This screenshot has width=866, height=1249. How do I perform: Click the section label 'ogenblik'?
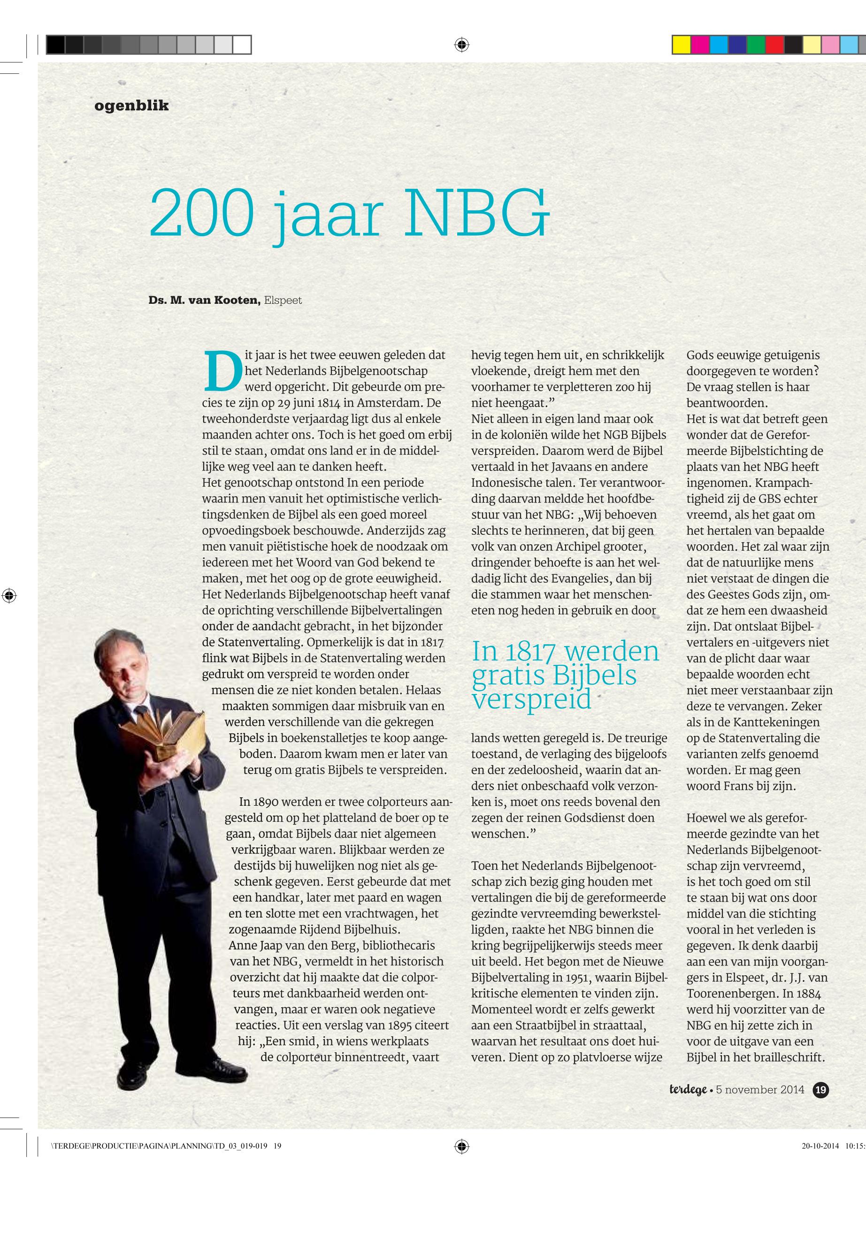(131, 105)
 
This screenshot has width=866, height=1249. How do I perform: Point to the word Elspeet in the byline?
(283, 300)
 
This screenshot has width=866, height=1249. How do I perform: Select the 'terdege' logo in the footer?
(688, 1090)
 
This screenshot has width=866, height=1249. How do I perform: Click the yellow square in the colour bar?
(682, 45)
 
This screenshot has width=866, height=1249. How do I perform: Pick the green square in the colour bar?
(755, 45)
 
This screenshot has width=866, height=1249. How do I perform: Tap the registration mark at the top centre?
(461, 45)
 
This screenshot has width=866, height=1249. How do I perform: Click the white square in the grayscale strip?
(242, 45)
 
